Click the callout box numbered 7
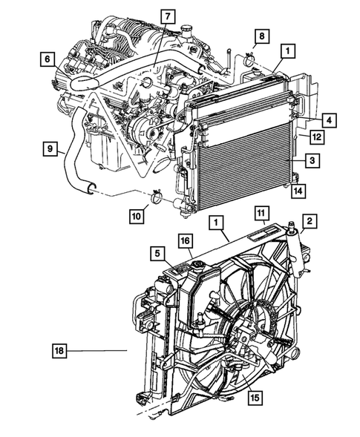click(x=167, y=16)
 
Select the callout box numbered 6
click(x=46, y=59)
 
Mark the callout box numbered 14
click(x=298, y=190)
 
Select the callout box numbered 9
click(x=48, y=150)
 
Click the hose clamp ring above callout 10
click(x=156, y=197)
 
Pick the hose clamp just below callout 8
click(x=247, y=56)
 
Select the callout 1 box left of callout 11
click(x=216, y=222)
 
